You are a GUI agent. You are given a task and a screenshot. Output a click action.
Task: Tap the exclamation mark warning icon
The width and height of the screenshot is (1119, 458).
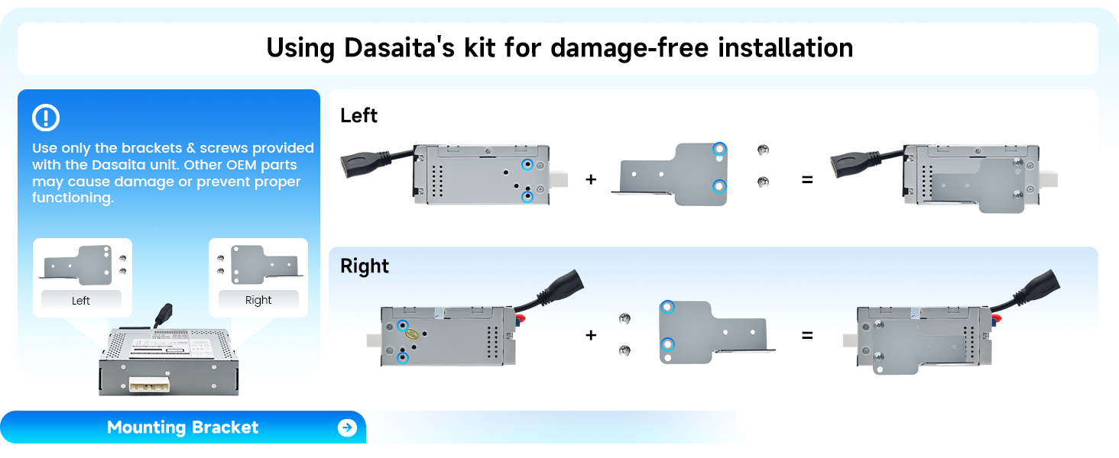click(46, 118)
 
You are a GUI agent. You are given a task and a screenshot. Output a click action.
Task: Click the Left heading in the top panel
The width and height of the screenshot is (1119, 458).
click(359, 115)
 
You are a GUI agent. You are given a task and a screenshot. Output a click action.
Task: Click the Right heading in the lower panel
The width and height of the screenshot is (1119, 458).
click(365, 266)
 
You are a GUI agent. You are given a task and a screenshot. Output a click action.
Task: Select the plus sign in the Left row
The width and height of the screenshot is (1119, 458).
click(590, 179)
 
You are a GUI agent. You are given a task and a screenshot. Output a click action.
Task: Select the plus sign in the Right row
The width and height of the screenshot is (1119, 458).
click(590, 334)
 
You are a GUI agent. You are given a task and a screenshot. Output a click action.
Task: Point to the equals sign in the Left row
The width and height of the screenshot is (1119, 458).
click(807, 179)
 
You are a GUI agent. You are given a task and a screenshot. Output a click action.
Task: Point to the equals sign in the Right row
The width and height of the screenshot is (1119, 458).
click(807, 334)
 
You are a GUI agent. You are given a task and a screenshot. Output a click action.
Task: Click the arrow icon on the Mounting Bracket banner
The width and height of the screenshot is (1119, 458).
click(347, 427)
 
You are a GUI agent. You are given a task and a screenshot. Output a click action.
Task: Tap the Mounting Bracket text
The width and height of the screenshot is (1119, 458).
click(183, 427)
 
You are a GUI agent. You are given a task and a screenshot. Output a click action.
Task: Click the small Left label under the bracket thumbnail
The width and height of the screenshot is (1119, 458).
click(81, 301)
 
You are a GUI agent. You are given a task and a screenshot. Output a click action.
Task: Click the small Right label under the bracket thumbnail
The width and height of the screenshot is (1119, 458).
click(258, 300)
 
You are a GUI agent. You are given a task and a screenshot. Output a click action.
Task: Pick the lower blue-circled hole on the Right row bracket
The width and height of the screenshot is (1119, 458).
click(668, 344)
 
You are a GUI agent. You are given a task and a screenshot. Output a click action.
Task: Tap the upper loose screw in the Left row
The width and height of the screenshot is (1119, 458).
click(761, 150)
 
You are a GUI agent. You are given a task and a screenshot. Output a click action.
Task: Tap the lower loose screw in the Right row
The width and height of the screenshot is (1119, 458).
click(624, 350)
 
